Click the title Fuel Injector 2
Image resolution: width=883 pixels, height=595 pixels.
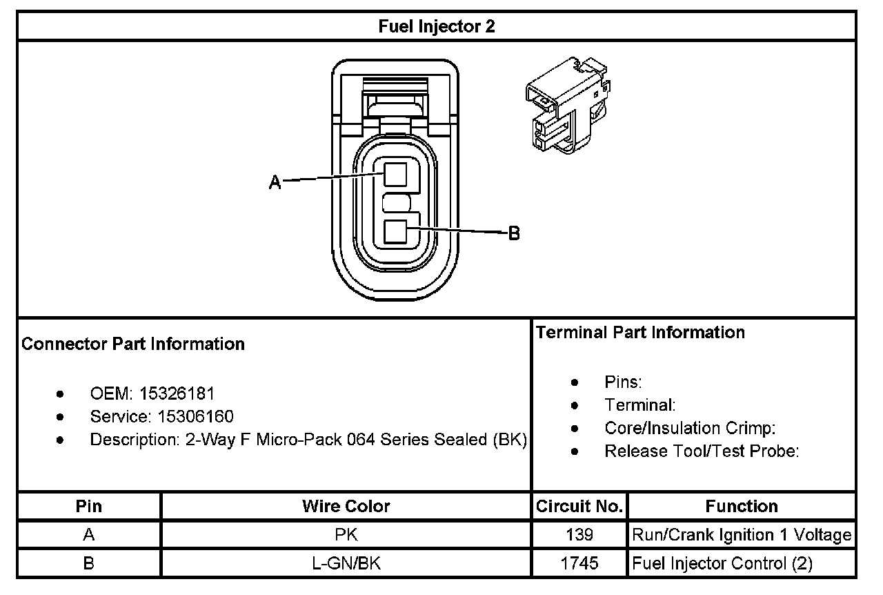(x=437, y=26)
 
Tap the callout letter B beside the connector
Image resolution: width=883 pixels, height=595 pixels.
(x=514, y=233)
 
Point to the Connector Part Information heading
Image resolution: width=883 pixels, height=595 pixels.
(x=133, y=344)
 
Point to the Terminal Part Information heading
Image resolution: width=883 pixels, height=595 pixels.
(x=640, y=332)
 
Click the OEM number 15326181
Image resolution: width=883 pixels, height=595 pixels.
(x=177, y=394)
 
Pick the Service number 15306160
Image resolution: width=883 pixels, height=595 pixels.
(x=196, y=416)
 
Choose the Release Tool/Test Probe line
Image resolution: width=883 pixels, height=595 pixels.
(x=702, y=451)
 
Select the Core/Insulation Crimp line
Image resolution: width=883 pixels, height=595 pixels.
(x=691, y=428)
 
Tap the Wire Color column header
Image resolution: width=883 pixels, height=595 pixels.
(x=346, y=506)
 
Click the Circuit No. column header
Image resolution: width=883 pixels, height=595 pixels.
(x=579, y=506)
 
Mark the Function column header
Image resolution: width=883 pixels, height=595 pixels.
(x=742, y=506)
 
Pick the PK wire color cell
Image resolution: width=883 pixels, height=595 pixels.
(x=346, y=535)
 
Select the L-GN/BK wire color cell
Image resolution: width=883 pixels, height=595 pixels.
(x=346, y=563)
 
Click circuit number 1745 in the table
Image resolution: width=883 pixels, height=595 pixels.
(x=579, y=563)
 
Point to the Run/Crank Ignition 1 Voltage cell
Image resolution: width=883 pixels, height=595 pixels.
(x=742, y=535)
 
